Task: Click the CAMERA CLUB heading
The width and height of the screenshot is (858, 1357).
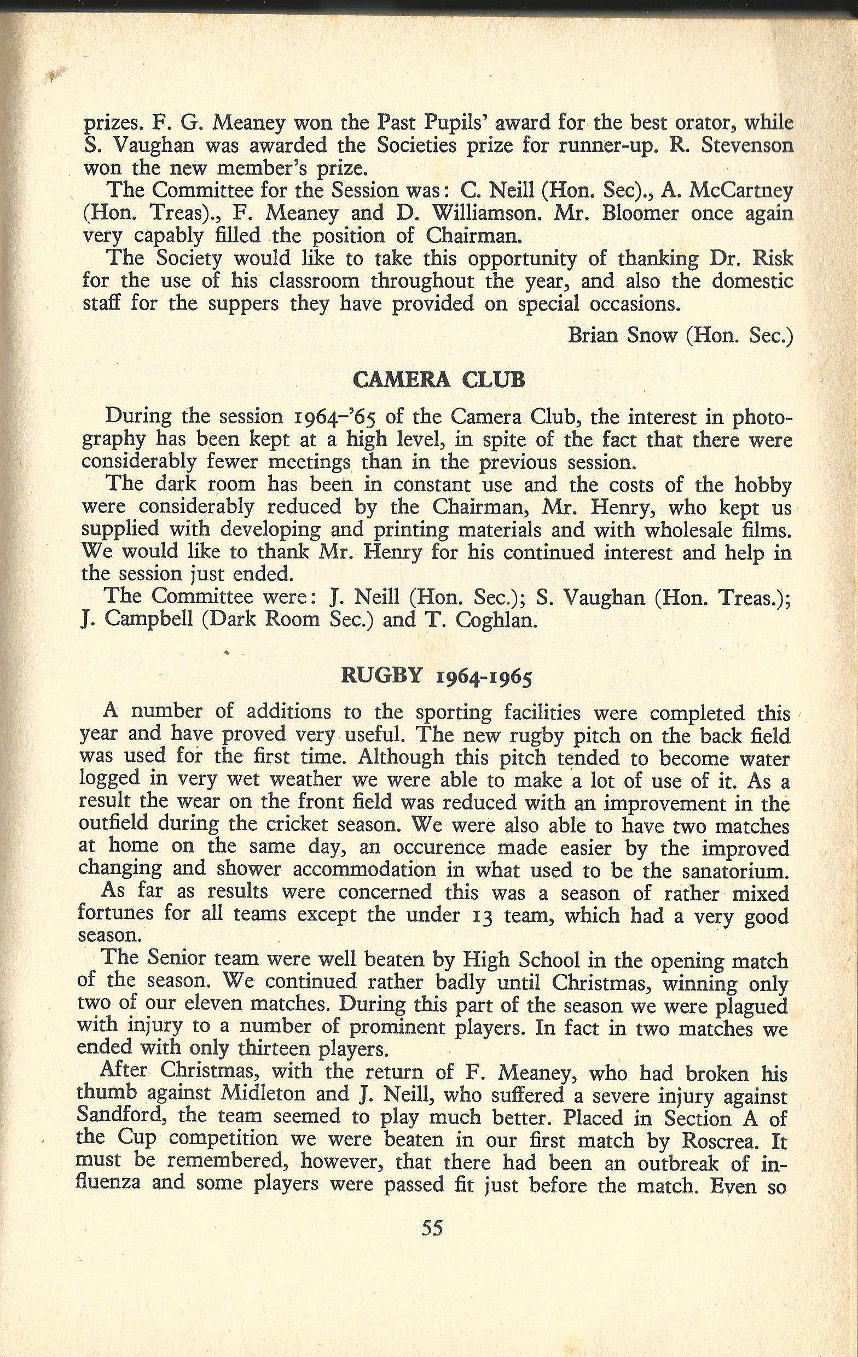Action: (439, 380)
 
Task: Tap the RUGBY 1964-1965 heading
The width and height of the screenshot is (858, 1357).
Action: (436, 677)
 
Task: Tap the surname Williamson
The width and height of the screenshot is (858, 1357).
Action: (472, 213)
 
